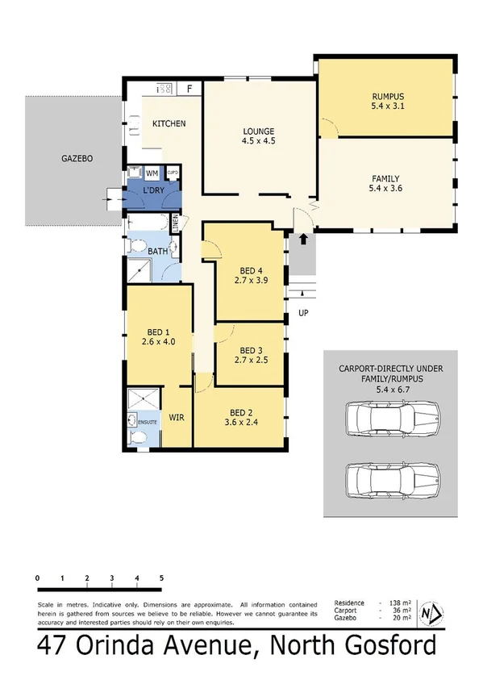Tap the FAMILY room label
tap(385, 179)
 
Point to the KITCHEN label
tap(169, 123)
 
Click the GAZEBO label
tap(77, 159)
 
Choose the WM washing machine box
tap(151, 173)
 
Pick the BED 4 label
tap(252, 270)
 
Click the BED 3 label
tap(252, 349)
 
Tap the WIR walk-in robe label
tap(177, 418)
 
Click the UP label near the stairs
tap(303, 312)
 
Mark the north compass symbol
tap(431, 615)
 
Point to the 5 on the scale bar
tap(161, 578)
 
